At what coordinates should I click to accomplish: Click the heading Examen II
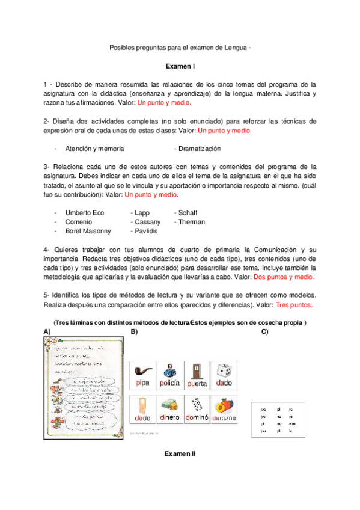point(180,453)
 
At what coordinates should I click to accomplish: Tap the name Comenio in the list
point(78,222)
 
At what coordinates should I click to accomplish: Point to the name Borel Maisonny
point(88,230)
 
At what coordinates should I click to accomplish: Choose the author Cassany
point(148,222)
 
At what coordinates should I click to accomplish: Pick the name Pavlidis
point(147,230)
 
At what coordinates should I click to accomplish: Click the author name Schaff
point(188,213)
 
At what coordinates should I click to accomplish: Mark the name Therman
point(192,222)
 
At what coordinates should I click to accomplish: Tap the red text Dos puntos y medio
point(283,277)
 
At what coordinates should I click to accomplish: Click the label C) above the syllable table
point(264,332)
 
